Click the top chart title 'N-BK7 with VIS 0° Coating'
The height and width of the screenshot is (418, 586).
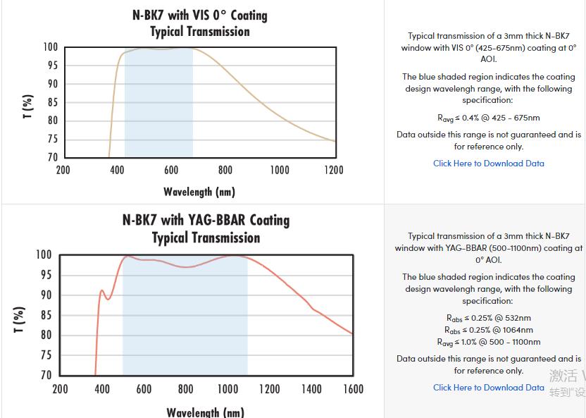(199, 15)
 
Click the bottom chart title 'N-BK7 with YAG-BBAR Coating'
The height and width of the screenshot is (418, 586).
(206, 220)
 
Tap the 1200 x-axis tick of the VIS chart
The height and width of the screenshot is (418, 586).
(333, 170)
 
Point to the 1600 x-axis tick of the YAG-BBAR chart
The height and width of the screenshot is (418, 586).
(353, 389)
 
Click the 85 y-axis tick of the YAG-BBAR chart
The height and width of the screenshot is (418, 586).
(44, 315)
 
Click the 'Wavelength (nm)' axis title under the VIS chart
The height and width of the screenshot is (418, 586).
(199, 192)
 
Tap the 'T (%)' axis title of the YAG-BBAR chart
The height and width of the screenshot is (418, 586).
(20, 319)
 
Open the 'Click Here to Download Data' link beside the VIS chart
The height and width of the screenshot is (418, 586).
(488, 164)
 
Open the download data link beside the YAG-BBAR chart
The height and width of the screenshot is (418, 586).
(488, 388)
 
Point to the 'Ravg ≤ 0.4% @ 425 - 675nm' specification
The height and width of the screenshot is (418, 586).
(488, 118)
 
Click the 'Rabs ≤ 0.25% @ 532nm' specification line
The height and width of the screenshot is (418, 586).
(488, 318)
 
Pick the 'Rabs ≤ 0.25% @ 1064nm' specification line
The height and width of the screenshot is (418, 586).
(488, 330)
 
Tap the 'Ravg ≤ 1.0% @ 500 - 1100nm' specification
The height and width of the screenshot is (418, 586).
(488, 342)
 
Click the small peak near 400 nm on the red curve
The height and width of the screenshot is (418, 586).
(102, 290)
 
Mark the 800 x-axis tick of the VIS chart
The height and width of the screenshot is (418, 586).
(225, 170)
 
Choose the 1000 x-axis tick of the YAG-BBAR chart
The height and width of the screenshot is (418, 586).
(227, 389)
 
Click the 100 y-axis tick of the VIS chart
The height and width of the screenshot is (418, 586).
(50, 47)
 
